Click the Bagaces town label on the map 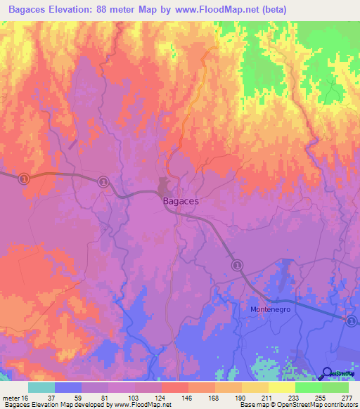181,201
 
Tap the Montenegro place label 271,309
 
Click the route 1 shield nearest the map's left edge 24,178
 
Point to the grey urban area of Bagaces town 166,188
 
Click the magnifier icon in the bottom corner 328,373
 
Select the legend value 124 162,398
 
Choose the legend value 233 295,398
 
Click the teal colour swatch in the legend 41,387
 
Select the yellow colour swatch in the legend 282,387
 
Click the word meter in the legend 9,398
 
